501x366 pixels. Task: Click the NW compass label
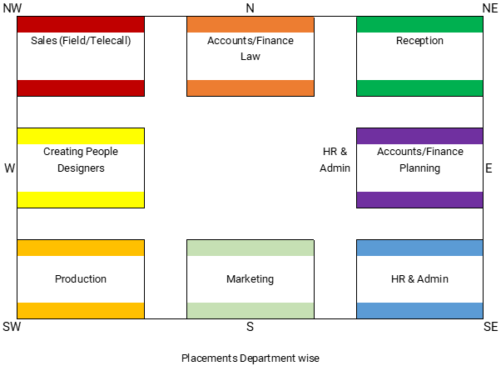tap(12, 8)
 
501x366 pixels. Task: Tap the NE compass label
tap(489, 8)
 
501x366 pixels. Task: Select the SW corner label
tap(12, 327)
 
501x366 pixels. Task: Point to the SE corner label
tap(490, 327)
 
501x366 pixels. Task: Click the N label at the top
tap(250, 8)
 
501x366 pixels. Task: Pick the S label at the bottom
tap(250, 327)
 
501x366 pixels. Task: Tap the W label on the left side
tap(10, 168)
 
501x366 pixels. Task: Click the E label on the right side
tap(489, 168)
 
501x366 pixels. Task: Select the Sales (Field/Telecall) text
tap(81, 40)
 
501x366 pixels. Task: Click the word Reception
tap(419, 40)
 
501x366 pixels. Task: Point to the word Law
tap(250, 56)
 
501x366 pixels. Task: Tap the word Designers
tap(81, 168)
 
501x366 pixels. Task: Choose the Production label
tap(81, 279)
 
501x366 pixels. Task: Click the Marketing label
tap(250, 279)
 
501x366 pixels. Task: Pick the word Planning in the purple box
tap(419, 168)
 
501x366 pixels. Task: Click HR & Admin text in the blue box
tap(419, 279)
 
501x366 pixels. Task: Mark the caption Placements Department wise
tap(250, 358)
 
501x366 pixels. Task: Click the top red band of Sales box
tap(81, 24)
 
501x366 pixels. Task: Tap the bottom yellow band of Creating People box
tap(81, 199)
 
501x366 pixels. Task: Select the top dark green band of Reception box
tap(419, 24)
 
